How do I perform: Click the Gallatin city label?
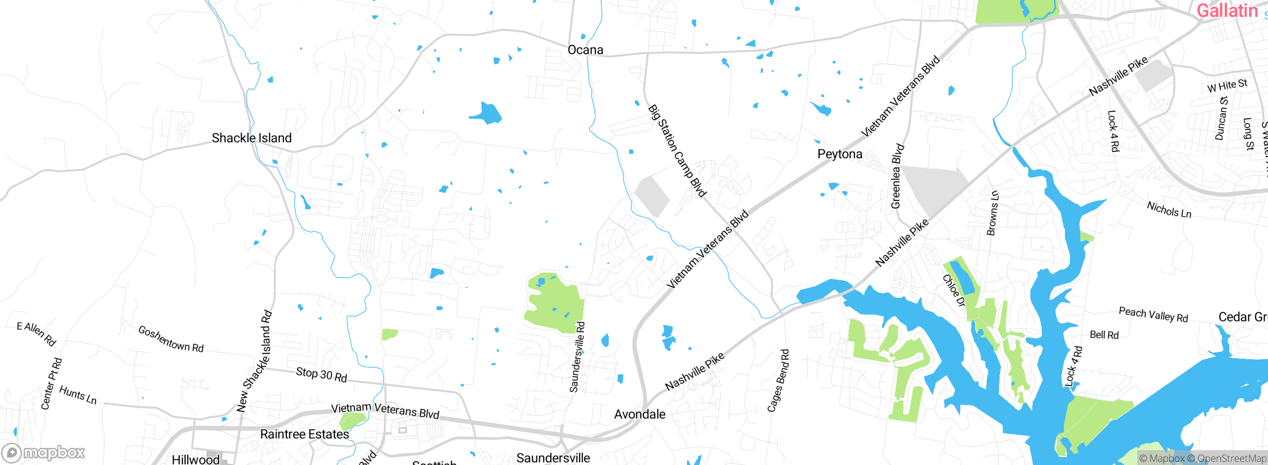tap(1226, 11)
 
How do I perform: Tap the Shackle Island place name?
tap(252, 138)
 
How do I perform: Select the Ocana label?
tap(585, 50)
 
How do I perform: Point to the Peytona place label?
tap(840, 154)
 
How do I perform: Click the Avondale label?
tap(639, 415)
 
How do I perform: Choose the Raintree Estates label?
tap(304, 434)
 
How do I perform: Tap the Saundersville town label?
tap(553, 458)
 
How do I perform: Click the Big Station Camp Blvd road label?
tap(677, 150)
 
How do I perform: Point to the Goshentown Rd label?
tap(171, 339)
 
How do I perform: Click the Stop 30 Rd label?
tap(321, 374)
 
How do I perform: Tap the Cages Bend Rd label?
tap(778, 380)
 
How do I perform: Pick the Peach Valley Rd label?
tap(1153, 315)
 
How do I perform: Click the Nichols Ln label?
tap(1168, 210)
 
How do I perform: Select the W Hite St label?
tap(1227, 85)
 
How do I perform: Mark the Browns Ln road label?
tap(993, 213)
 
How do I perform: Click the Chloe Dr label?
tap(953, 290)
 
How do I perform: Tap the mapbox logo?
tap(44, 452)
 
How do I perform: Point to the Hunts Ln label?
tap(78, 395)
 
